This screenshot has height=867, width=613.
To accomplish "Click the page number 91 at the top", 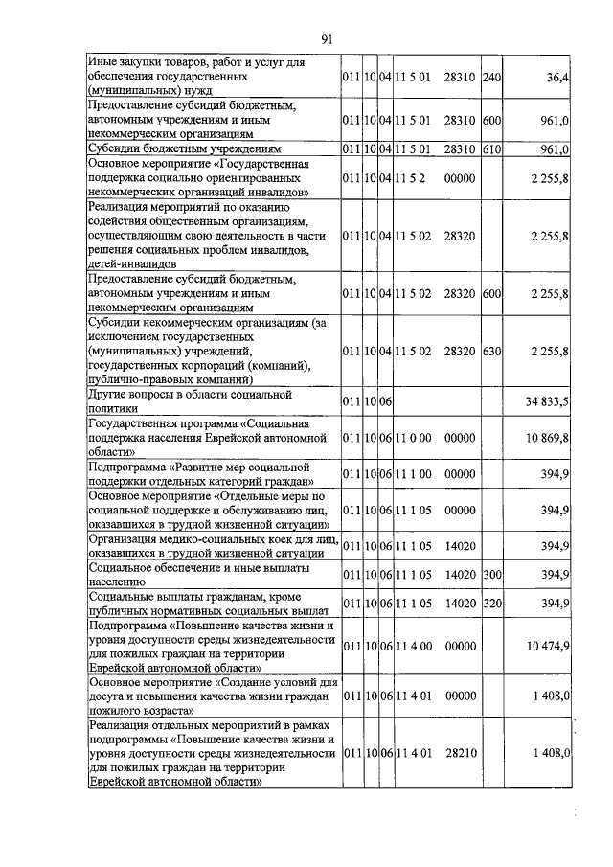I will (x=327, y=39).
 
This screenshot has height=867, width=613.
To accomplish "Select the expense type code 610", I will (x=491, y=150).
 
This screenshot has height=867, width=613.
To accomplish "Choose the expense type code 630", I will (x=491, y=352).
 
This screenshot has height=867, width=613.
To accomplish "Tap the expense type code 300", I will (x=491, y=574).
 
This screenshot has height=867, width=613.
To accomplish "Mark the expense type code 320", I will (x=491, y=604).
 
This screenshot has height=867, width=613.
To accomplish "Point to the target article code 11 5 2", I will (x=412, y=178).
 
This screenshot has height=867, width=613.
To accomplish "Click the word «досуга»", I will (x=107, y=696).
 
